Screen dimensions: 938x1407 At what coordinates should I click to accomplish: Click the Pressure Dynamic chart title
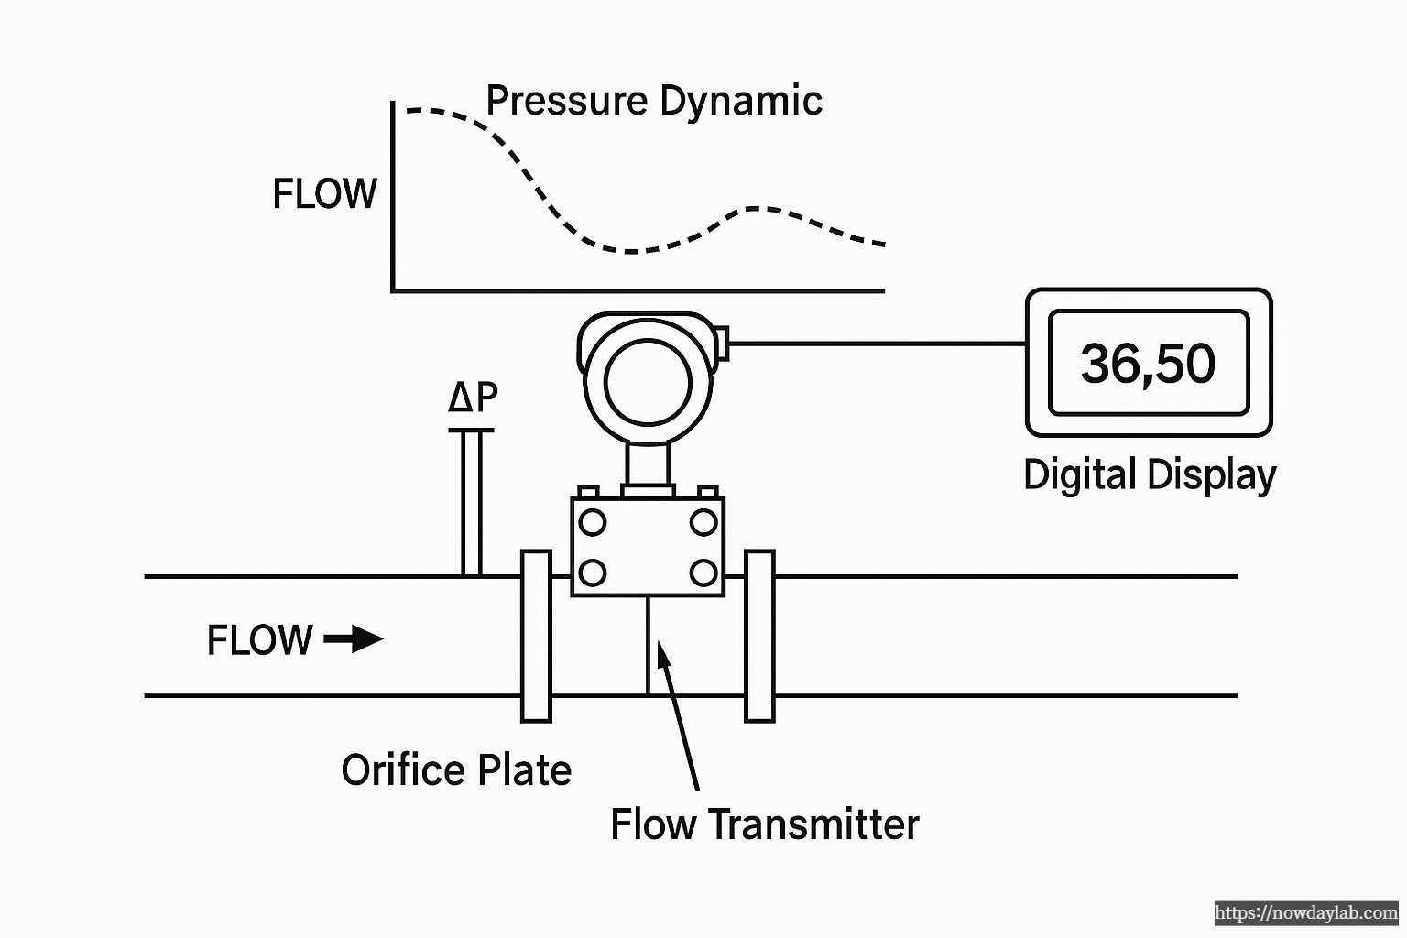653,100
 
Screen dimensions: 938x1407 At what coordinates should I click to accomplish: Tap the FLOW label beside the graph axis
324,194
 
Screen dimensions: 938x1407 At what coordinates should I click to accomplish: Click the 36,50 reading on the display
1148,363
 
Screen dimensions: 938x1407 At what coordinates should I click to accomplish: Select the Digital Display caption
1149,474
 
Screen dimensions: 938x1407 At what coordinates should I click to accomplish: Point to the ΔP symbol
473,397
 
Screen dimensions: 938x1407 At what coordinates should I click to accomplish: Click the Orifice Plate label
456,769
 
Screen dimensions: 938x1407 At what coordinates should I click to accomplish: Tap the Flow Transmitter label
764,823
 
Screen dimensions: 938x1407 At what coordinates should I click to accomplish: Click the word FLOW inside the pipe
260,639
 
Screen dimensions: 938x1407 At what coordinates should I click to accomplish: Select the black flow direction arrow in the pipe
354,638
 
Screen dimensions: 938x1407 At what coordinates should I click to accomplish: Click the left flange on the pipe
536,636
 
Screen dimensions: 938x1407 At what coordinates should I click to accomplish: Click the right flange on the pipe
759,636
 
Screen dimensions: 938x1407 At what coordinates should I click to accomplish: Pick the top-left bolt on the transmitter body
593,523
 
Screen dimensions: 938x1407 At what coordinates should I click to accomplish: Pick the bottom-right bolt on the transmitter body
703,573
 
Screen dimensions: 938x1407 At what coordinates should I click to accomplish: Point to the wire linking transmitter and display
875,344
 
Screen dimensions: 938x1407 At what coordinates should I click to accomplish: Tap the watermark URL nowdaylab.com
1306,913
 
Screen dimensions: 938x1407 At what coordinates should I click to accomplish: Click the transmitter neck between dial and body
648,467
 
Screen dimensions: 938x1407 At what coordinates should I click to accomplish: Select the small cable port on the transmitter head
721,342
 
